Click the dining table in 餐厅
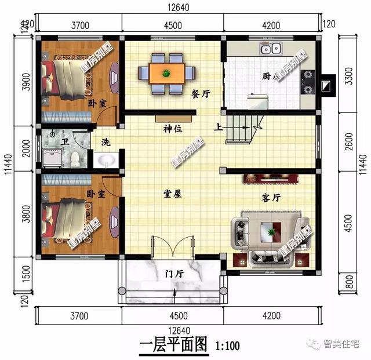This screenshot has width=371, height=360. tap(166, 72)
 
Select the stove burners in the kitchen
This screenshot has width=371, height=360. tap(307, 81)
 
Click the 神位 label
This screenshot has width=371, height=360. tap(172, 129)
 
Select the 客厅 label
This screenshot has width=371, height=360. tap(271, 198)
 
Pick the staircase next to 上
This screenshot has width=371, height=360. tap(243, 128)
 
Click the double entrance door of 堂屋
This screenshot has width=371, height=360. tap(173, 248)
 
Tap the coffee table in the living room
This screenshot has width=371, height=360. tap(270, 232)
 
